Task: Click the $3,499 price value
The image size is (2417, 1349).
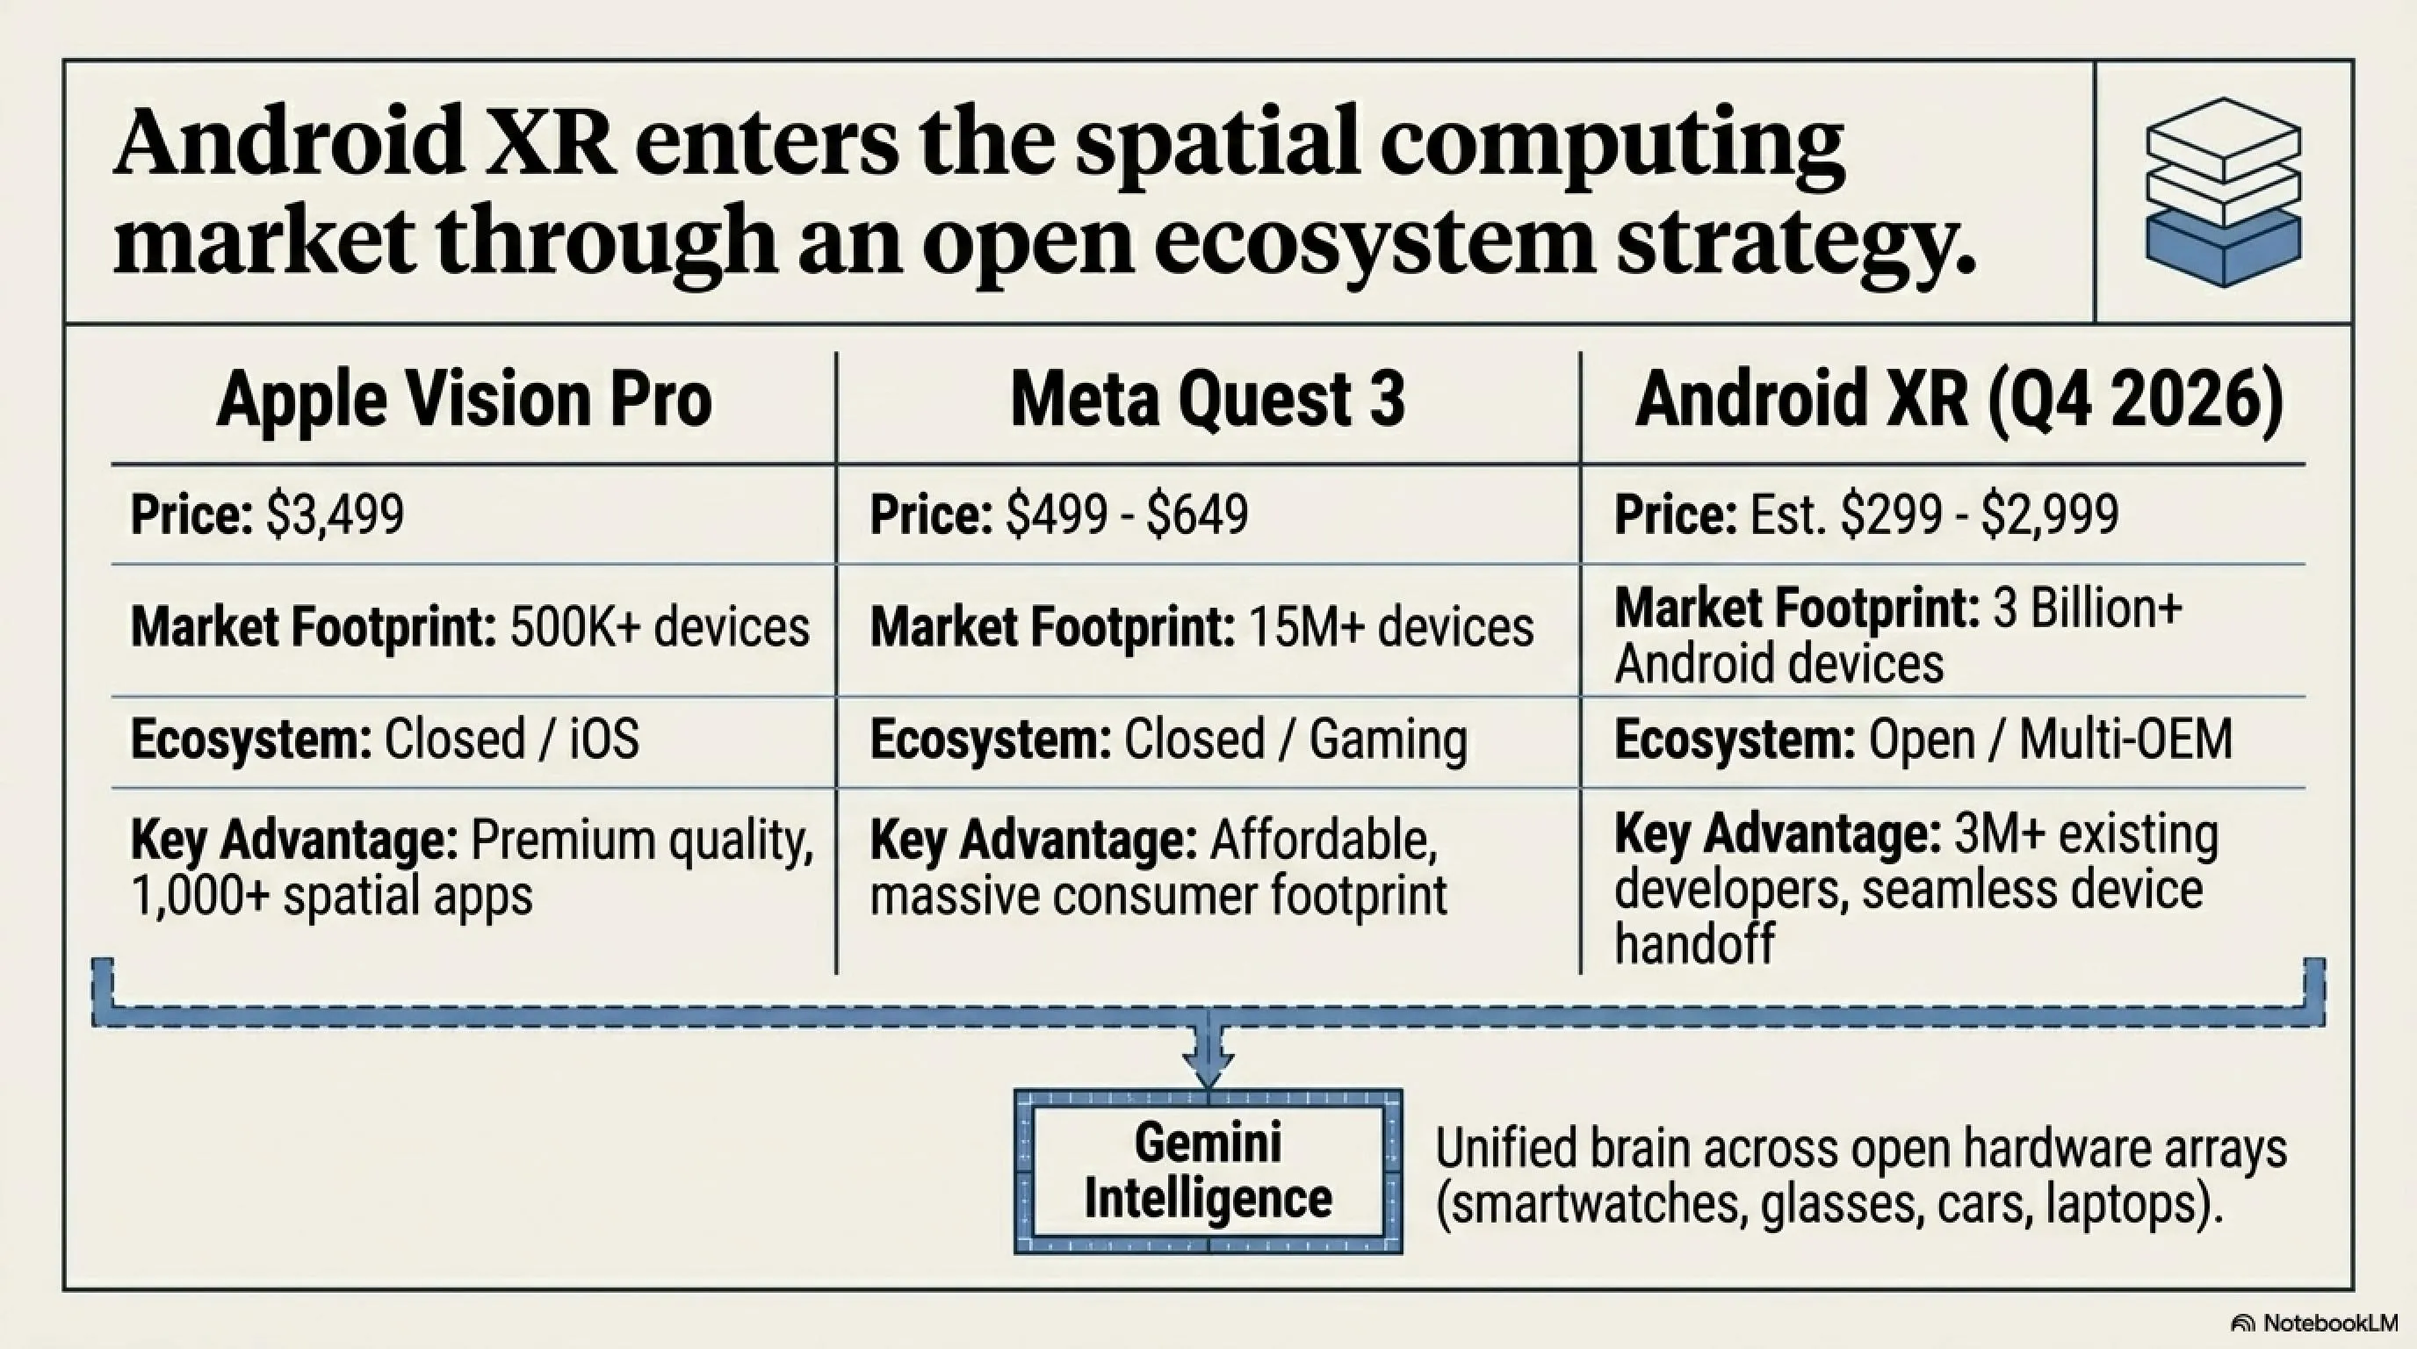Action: click(335, 515)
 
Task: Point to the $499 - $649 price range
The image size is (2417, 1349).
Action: click(1127, 515)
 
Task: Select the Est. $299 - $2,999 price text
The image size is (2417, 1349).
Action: click(1934, 515)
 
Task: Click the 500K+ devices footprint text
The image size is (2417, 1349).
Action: click(660, 627)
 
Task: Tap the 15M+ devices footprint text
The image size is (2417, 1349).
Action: click(1391, 627)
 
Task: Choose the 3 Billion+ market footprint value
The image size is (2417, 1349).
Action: click(2087, 608)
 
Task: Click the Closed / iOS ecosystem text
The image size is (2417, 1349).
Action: click(511, 739)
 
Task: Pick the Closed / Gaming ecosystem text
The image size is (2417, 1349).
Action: click(1295, 740)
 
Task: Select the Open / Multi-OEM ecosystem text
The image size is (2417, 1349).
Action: click(2050, 739)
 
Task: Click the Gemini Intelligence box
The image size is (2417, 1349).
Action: click(1208, 1172)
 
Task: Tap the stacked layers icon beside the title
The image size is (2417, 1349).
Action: click(2223, 192)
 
